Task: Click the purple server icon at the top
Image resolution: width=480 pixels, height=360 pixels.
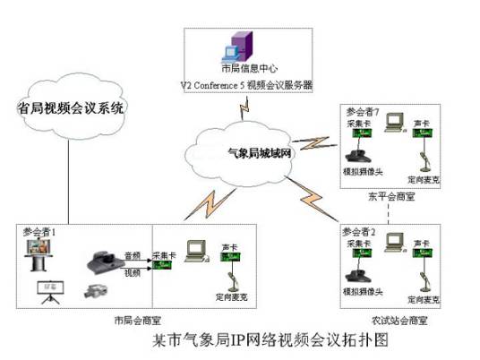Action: point(238,47)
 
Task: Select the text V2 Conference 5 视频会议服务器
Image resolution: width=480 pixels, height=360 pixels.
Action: point(247,85)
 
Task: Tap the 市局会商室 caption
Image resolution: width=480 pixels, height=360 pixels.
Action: point(136,319)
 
